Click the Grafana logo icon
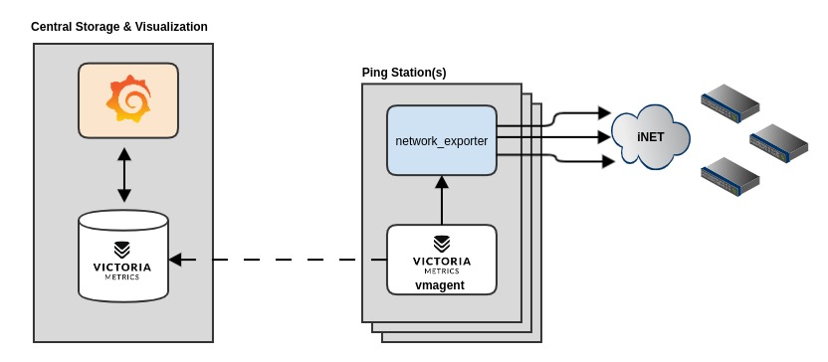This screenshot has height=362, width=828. click(128, 99)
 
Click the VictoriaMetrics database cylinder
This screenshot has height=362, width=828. click(123, 257)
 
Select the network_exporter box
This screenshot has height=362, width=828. click(441, 140)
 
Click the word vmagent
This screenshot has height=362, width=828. click(440, 284)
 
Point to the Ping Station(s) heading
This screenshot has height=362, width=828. click(404, 73)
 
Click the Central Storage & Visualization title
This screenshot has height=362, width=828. click(119, 27)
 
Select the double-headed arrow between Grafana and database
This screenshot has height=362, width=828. click(124, 175)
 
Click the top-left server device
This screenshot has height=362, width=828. click(730, 102)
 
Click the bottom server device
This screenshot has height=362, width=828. click(730, 176)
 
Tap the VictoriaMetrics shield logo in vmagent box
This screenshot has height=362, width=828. click(442, 243)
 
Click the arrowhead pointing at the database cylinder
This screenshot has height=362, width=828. click(175, 260)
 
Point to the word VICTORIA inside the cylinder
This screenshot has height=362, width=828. click(122, 267)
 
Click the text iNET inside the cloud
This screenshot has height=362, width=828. click(650, 136)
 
